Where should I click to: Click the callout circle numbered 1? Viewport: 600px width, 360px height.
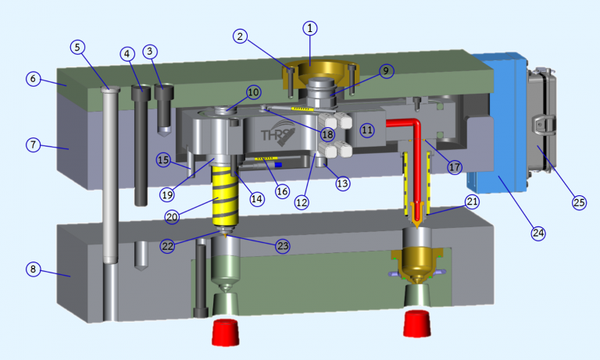tap(310, 28)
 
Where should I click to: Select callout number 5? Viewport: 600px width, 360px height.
tap(77, 47)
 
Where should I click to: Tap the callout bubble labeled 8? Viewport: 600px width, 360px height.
tap(32, 269)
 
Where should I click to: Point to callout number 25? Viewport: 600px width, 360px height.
tap(578, 201)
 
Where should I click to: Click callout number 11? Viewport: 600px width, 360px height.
tap(367, 130)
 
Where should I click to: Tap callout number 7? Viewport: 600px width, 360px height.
tap(32, 144)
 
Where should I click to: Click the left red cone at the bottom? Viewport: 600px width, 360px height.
tap(226, 332)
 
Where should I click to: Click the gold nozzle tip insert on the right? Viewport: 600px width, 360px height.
tap(420, 262)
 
